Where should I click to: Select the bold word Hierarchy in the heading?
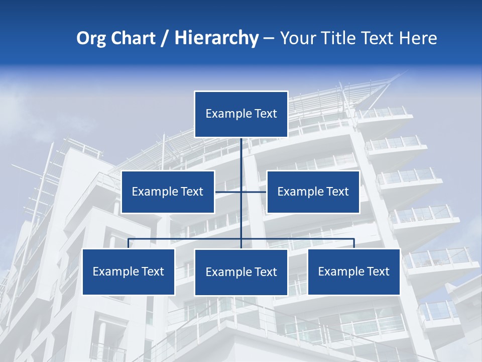tap(216, 38)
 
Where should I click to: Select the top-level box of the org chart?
tap(241, 114)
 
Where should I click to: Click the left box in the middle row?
tap(168, 192)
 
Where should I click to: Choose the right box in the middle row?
tap(313, 192)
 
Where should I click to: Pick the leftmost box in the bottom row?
tap(129, 271)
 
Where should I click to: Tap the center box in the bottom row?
tap(241, 272)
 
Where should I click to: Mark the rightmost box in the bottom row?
tap(354, 271)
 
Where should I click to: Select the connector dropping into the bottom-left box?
tap(129, 243)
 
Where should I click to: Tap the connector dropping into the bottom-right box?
tap(354, 243)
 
